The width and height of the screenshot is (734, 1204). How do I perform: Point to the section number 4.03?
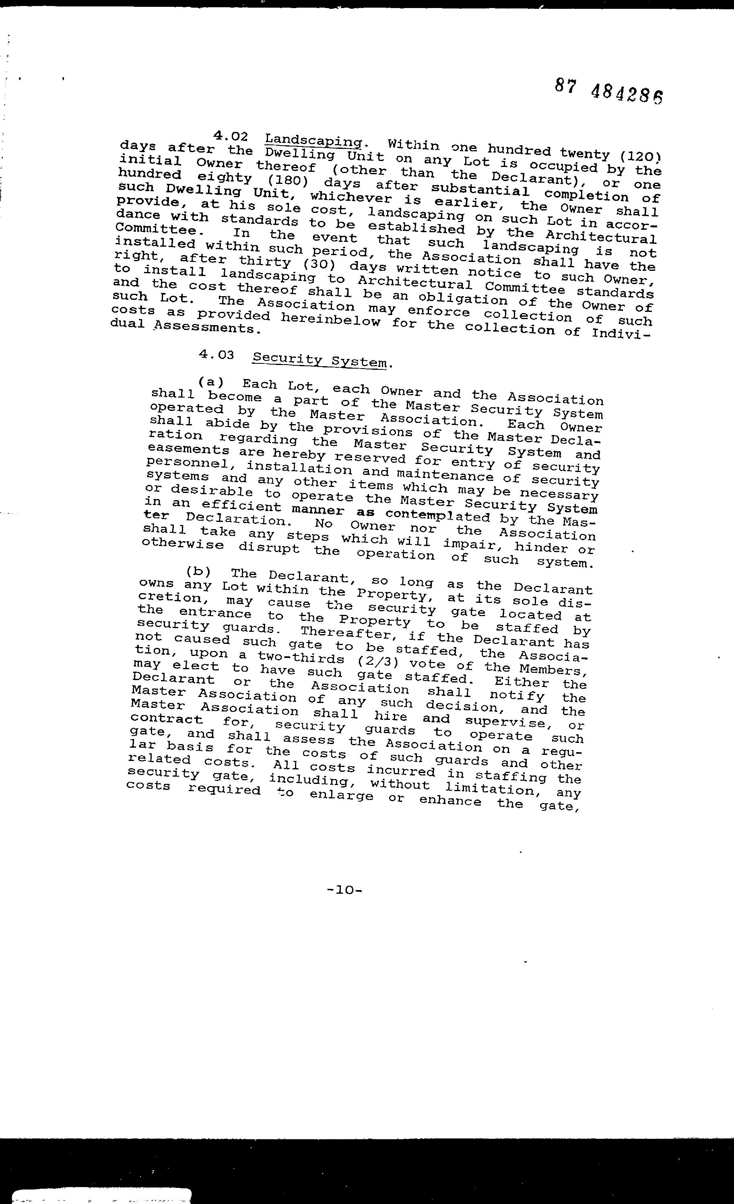click(x=216, y=355)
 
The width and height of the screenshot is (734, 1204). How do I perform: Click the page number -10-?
click(x=344, y=890)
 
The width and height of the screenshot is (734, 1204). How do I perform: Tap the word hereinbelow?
click(x=330, y=320)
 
